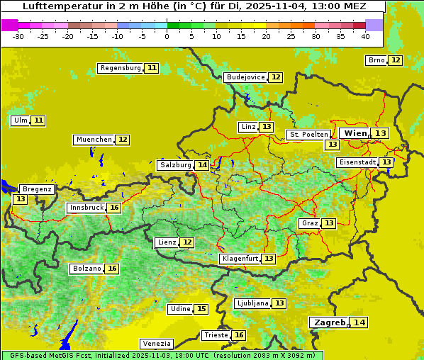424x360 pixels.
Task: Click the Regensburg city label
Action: [121, 68]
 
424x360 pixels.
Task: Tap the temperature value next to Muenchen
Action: [123, 140]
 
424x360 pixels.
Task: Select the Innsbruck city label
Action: [86, 208]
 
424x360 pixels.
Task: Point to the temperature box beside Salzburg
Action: [203, 165]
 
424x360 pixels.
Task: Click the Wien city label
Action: [356, 133]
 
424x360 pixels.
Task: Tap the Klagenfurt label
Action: [240, 259]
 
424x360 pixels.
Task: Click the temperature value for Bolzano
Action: [112, 269]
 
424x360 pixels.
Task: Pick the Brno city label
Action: [376, 60]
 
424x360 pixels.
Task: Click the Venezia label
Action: [156, 343]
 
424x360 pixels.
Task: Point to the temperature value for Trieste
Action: [239, 335]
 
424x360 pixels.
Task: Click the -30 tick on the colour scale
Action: [18, 36]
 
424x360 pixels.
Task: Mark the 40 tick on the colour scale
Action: [365, 36]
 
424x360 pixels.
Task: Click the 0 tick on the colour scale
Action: [167, 36]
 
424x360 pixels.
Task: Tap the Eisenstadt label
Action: [357, 162]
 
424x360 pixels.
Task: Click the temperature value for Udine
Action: [201, 309]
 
